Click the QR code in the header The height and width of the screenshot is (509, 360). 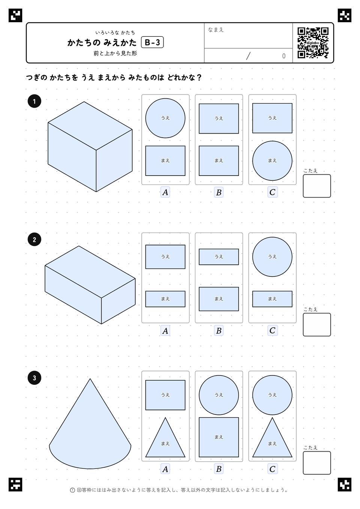[313, 43]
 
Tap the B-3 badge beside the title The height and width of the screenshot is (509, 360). [152, 42]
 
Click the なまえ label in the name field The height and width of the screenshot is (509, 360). [216, 30]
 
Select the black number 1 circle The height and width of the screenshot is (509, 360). [34, 101]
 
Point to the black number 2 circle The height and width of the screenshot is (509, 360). [34, 240]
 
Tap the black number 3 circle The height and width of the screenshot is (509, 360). [34, 378]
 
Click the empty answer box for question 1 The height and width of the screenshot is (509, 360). [316, 186]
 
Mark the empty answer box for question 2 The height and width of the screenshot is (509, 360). [316, 324]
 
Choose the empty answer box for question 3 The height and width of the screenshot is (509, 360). [316, 463]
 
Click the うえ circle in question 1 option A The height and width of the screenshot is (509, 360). [165, 118]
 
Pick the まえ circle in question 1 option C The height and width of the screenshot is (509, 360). [272, 161]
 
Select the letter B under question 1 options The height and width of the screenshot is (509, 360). [219, 192]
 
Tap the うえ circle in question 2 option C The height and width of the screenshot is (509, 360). [272, 257]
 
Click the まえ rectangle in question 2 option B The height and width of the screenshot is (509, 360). [219, 299]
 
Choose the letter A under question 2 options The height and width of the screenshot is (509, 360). [165, 330]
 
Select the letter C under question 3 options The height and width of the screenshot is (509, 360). [272, 469]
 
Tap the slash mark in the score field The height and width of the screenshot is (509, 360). [248, 56]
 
